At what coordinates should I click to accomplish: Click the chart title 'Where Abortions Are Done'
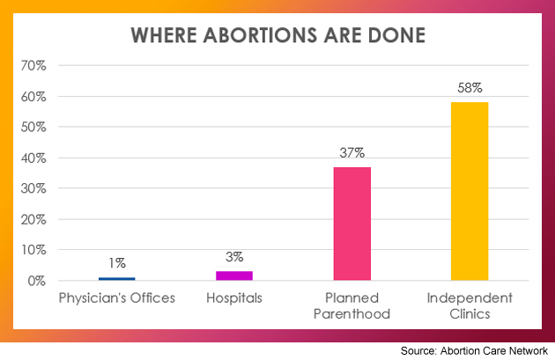click(277, 36)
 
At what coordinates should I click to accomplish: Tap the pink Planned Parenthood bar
click(352, 224)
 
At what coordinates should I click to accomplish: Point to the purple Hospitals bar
click(234, 276)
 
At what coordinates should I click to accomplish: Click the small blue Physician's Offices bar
click(117, 278)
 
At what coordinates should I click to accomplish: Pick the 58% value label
click(469, 88)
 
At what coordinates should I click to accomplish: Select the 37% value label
click(352, 152)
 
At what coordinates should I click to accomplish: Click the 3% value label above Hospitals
click(234, 257)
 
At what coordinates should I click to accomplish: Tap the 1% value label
click(117, 262)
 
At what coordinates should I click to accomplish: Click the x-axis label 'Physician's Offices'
click(117, 298)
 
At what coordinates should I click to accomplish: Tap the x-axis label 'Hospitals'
click(234, 298)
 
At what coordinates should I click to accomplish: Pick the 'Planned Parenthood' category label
click(352, 305)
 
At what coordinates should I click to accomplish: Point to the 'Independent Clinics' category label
click(469, 305)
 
